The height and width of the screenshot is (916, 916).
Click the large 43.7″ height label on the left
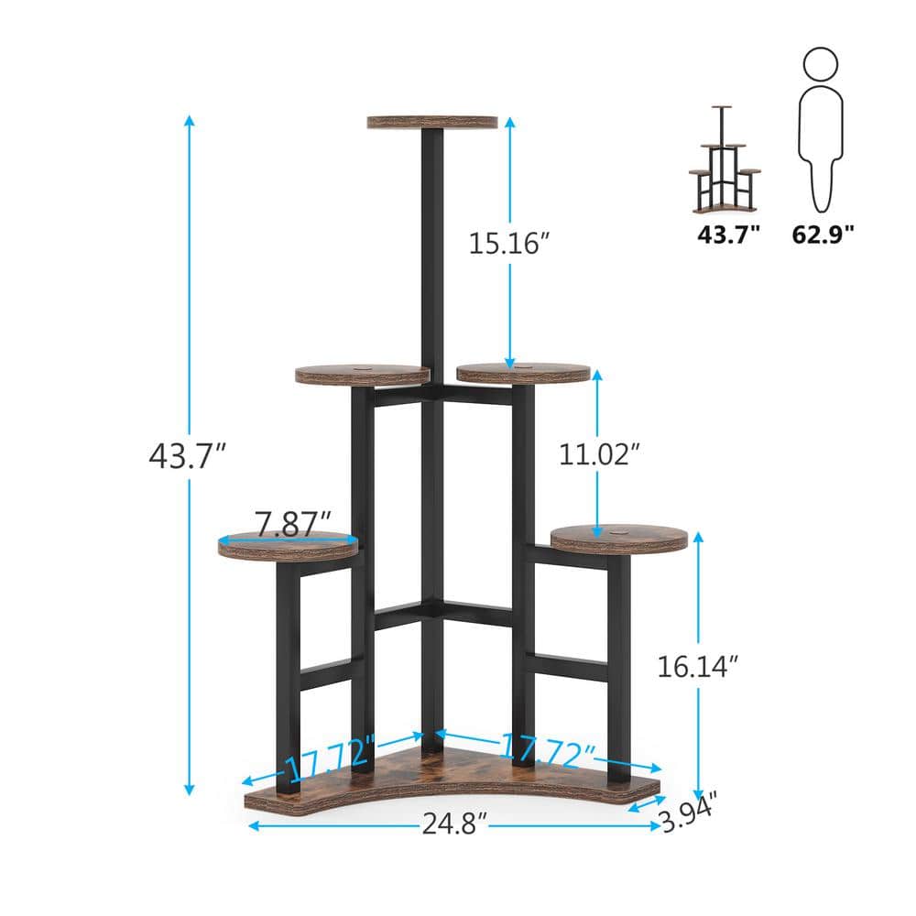[x=187, y=455]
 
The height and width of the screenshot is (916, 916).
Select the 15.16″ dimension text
[x=508, y=243]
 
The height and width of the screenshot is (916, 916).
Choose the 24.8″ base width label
[x=453, y=826]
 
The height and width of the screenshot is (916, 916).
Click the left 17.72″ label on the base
[x=330, y=753]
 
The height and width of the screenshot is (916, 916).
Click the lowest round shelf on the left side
[x=288, y=546]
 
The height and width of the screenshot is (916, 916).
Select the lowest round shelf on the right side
[x=619, y=539]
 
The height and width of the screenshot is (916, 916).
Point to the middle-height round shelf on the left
[x=363, y=375]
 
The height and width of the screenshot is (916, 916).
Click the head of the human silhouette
[x=820, y=64]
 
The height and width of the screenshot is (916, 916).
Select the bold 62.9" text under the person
[x=823, y=234]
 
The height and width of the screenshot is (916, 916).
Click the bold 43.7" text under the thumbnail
[x=729, y=234]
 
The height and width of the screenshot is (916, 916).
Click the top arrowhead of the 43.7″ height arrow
[x=190, y=120]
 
